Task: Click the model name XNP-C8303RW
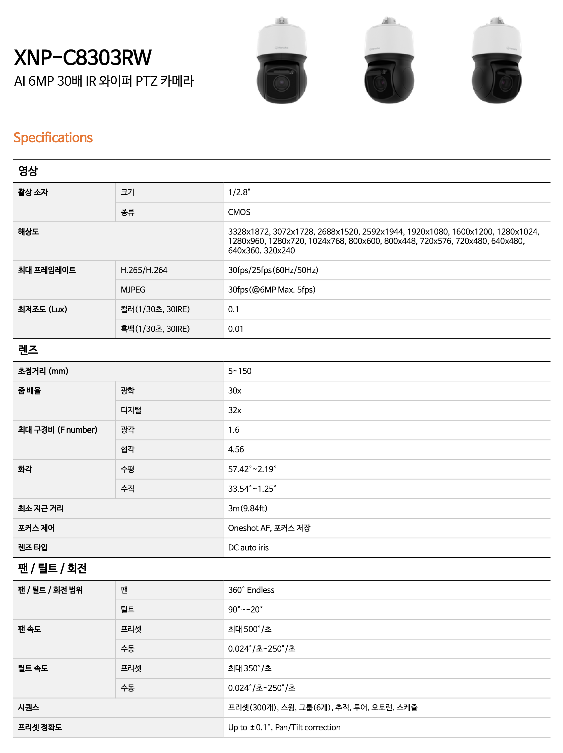pyautogui.click(x=83, y=57)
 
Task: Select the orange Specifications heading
pyautogui.click(x=53, y=138)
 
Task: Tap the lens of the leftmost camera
pyautogui.click(x=281, y=82)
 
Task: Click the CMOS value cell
pyautogui.click(x=239, y=212)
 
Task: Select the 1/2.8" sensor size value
pyautogui.click(x=239, y=192)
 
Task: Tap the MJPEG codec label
pyautogui.click(x=133, y=290)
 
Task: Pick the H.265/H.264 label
pyautogui.click(x=144, y=270)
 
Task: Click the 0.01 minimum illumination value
pyautogui.click(x=235, y=329)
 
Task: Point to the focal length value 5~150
pyautogui.click(x=240, y=371)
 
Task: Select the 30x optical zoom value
pyautogui.click(x=234, y=391)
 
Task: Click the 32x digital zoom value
pyautogui.click(x=234, y=410)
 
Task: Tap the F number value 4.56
pyautogui.click(x=236, y=449)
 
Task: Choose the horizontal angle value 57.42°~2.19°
pyautogui.click(x=252, y=469)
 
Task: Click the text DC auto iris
pyautogui.click(x=248, y=547)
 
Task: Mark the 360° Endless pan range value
pyautogui.click(x=251, y=590)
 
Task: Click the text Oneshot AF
pyautogui.click(x=249, y=528)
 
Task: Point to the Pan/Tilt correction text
pyautogui.click(x=308, y=727)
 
